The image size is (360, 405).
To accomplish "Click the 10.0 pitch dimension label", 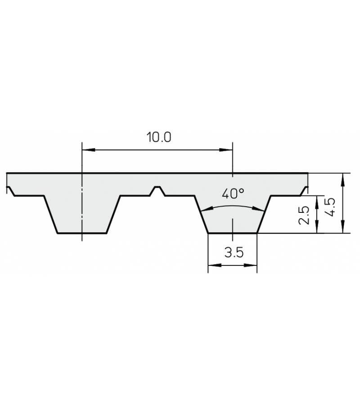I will coord(158,137).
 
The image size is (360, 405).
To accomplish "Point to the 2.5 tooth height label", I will coord(305,215).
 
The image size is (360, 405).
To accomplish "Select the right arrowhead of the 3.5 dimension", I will coord(253,265).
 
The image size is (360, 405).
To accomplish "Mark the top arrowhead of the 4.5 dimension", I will coord(343,177).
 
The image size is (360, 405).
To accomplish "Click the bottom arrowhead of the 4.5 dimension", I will coord(343,229).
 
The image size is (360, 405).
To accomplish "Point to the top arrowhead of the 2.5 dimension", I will coord(317,200).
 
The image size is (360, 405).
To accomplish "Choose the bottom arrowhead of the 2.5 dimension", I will coord(317,229).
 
